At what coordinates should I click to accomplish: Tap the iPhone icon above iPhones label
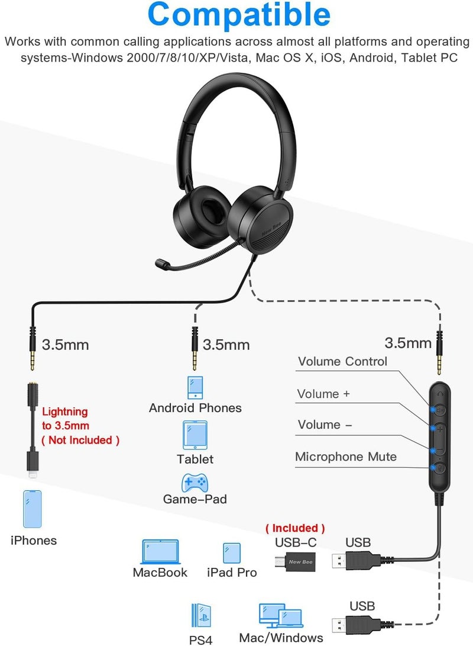33,508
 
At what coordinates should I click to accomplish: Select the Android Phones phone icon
195,387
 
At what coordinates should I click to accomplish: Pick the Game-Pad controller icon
195,482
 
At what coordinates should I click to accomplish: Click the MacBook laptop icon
160,551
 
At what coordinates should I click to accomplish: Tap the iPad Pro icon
232,552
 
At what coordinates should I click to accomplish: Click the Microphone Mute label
346,457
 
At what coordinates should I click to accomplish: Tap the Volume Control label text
342,361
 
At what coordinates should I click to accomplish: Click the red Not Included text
80,440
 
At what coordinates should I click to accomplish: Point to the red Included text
295,528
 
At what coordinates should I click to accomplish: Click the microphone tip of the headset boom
161,263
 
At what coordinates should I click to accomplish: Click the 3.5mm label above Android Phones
226,344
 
